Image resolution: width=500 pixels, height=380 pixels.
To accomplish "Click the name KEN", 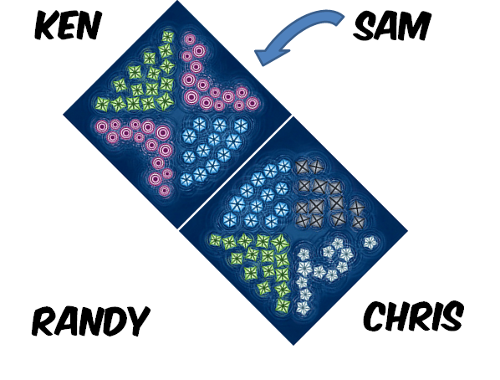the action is pos(68,25).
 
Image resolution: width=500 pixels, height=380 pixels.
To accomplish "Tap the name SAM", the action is pos(392,26).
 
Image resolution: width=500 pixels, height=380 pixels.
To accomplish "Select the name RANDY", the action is pos(91,321).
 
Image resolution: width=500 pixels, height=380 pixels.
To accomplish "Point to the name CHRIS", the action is pos(413,316).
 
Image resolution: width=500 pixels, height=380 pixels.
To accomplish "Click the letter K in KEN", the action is pos(46,25).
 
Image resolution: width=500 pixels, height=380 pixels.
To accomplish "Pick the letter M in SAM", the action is pos(416,26).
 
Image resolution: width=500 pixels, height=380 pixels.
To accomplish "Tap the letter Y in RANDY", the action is pos(138,321).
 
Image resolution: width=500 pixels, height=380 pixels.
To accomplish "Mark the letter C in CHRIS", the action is pos(375,316).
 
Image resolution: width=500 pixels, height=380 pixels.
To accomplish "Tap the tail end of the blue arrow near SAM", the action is pos(340,18).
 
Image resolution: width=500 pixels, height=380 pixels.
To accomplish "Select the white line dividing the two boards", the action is pos(235,172).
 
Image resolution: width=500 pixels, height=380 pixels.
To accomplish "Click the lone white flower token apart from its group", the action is pos(370,243).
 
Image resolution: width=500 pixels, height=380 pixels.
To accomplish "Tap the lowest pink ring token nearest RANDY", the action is pos(165,191).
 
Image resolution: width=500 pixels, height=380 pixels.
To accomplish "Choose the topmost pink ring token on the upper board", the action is pos(190,39).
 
